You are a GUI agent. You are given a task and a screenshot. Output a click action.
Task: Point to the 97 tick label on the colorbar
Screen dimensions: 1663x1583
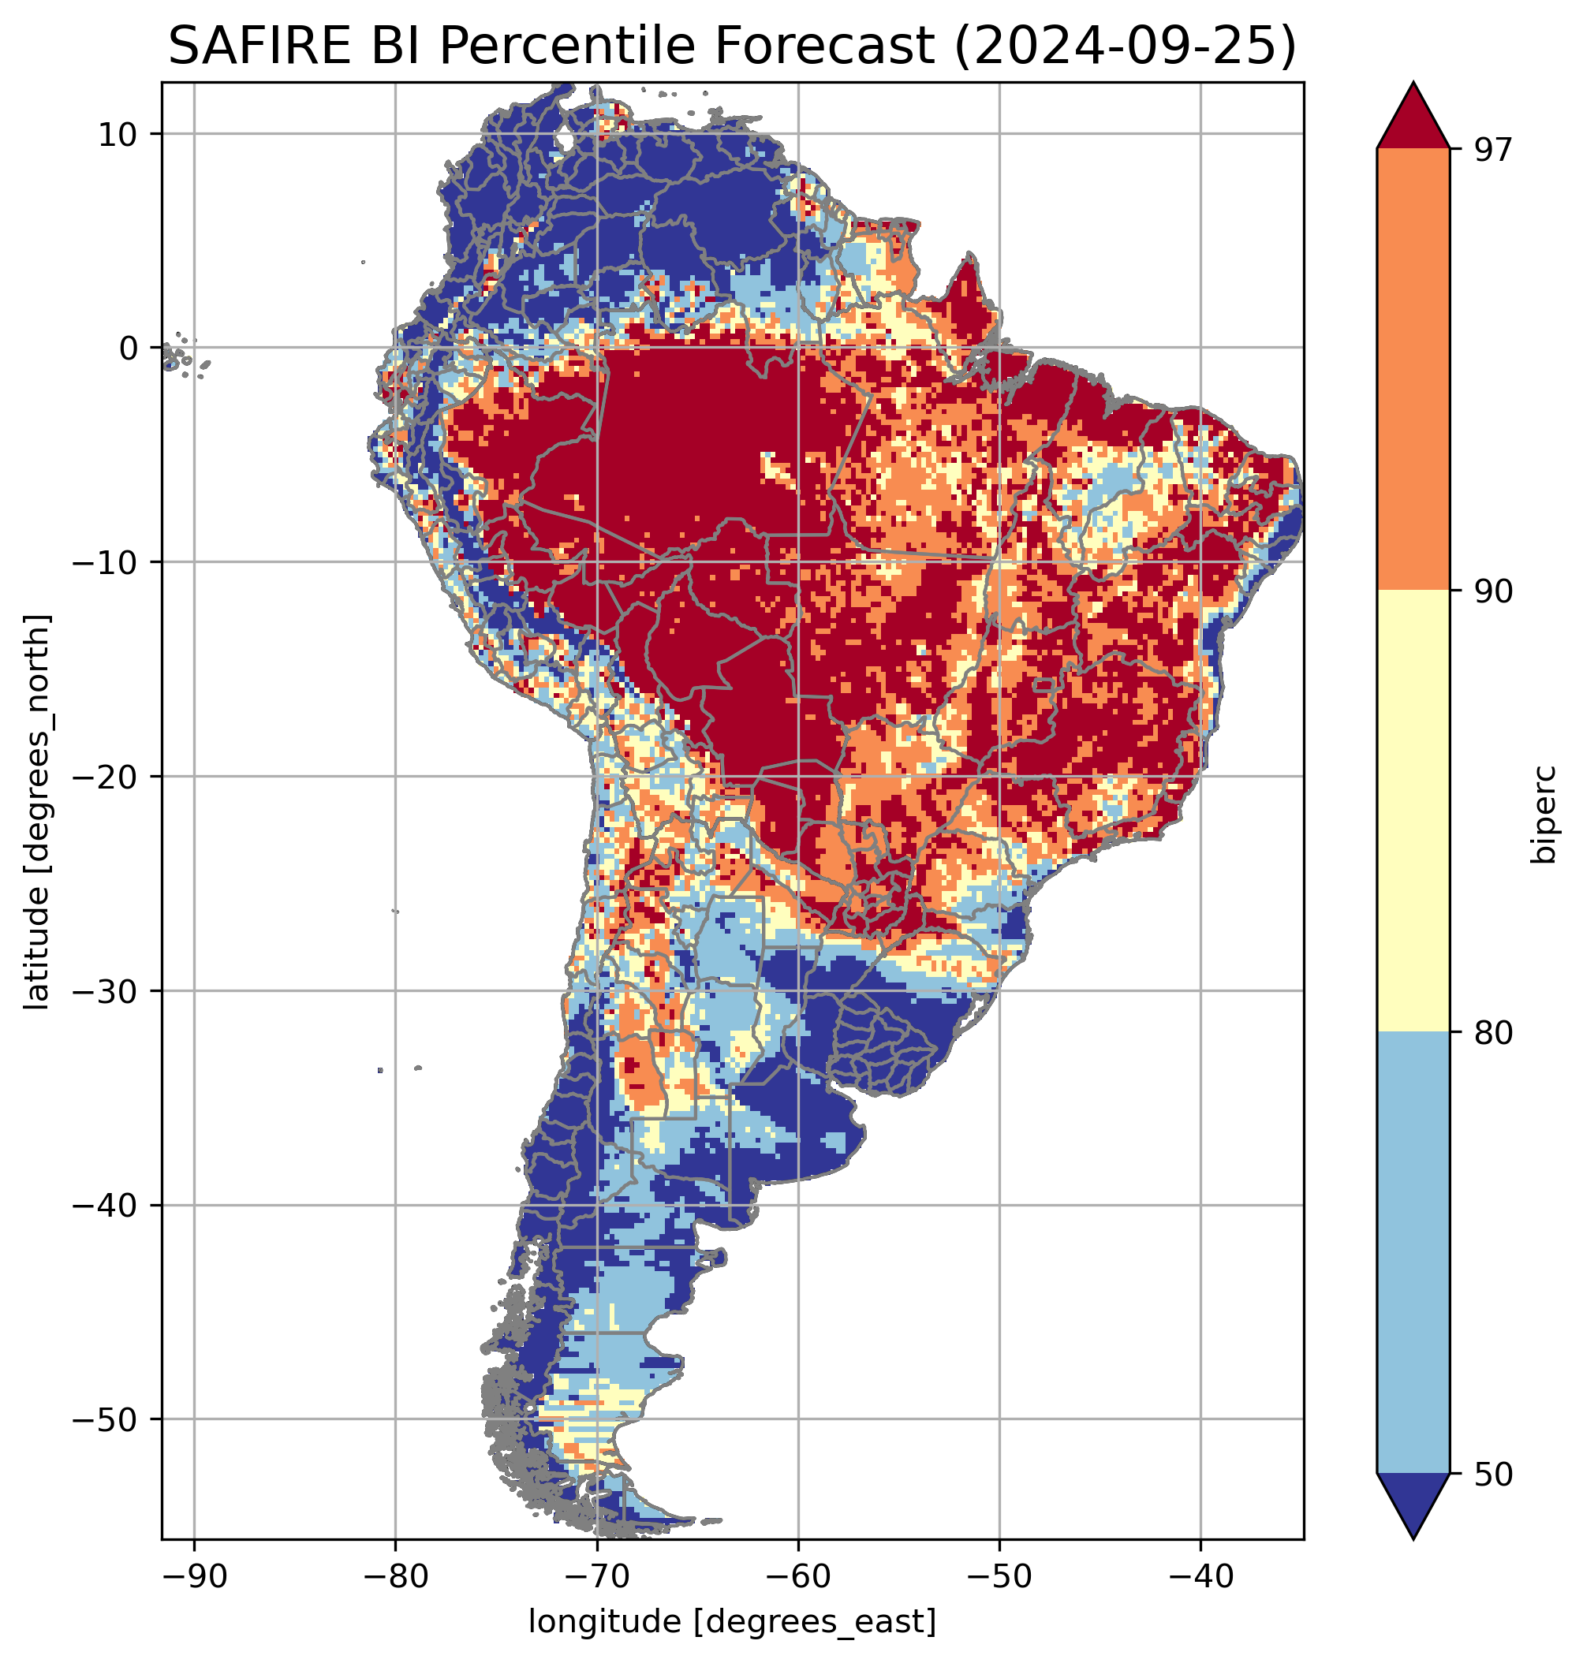pos(1493,149)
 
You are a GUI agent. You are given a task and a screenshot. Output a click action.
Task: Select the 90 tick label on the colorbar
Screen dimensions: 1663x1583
pos(1493,591)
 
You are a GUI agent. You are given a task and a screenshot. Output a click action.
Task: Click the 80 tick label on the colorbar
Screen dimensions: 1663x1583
pos(1493,1033)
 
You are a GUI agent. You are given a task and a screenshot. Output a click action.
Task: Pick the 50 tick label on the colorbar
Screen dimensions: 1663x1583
pos(1493,1475)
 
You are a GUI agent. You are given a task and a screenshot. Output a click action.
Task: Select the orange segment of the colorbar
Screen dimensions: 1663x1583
pos(1413,370)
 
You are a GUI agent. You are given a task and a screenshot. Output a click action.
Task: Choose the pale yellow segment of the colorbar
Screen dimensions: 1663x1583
pos(1413,810)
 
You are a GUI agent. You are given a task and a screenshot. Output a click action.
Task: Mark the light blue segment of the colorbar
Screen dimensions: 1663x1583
pos(1413,1253)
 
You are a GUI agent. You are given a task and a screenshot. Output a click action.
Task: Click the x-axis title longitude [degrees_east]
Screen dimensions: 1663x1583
pos(732,1620)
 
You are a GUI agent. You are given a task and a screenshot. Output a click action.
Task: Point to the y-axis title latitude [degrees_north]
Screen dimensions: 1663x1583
pos(37,810)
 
